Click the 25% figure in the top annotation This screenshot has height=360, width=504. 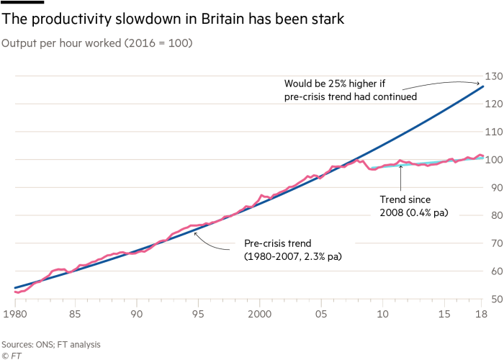coord(340,82)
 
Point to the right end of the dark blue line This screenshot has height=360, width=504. coord(482,86)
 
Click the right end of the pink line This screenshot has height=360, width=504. coord(483,156)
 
